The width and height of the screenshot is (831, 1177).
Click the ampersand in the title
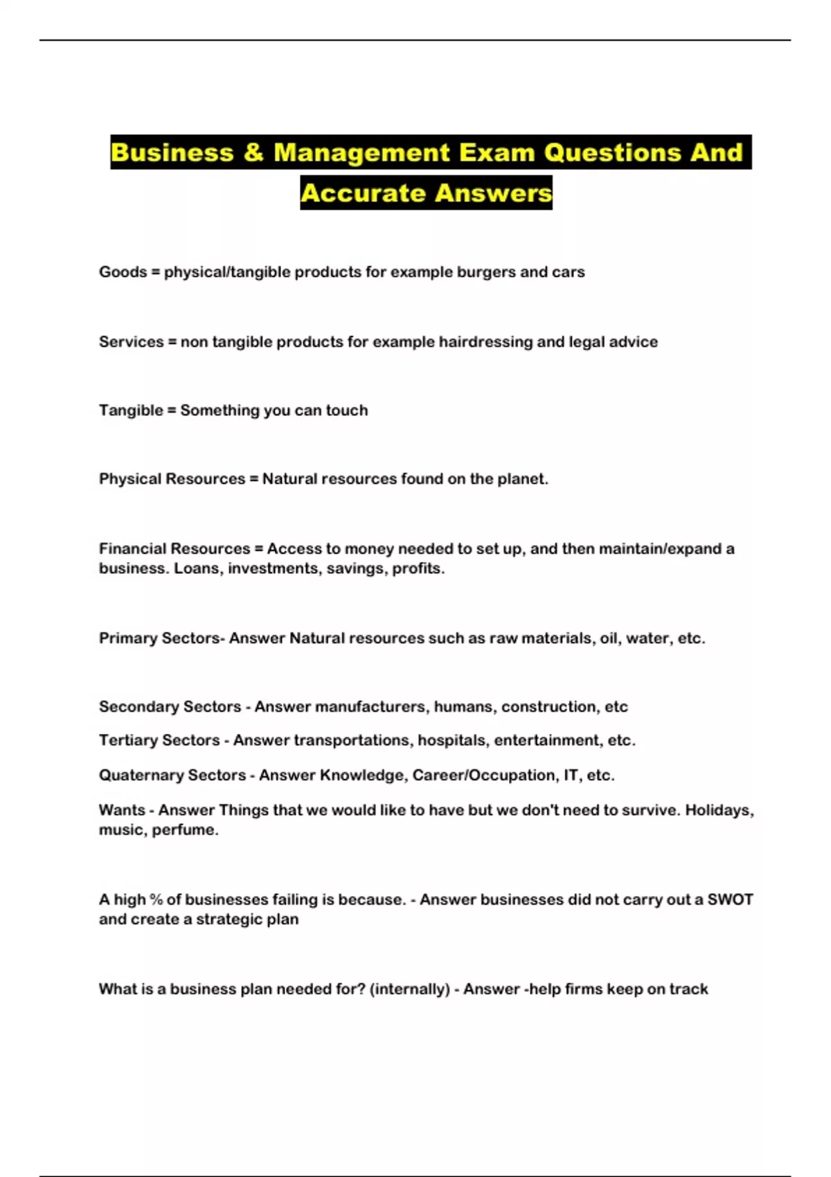tap(253, 152)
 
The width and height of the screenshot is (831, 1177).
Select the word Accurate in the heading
tap(363, 192)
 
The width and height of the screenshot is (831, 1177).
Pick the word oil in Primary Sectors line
tap(609, 638)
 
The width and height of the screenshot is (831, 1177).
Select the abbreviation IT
tap(571, 775)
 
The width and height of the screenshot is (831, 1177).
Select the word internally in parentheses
tap(410, 989)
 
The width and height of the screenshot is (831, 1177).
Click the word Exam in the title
tap(497, 152)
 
